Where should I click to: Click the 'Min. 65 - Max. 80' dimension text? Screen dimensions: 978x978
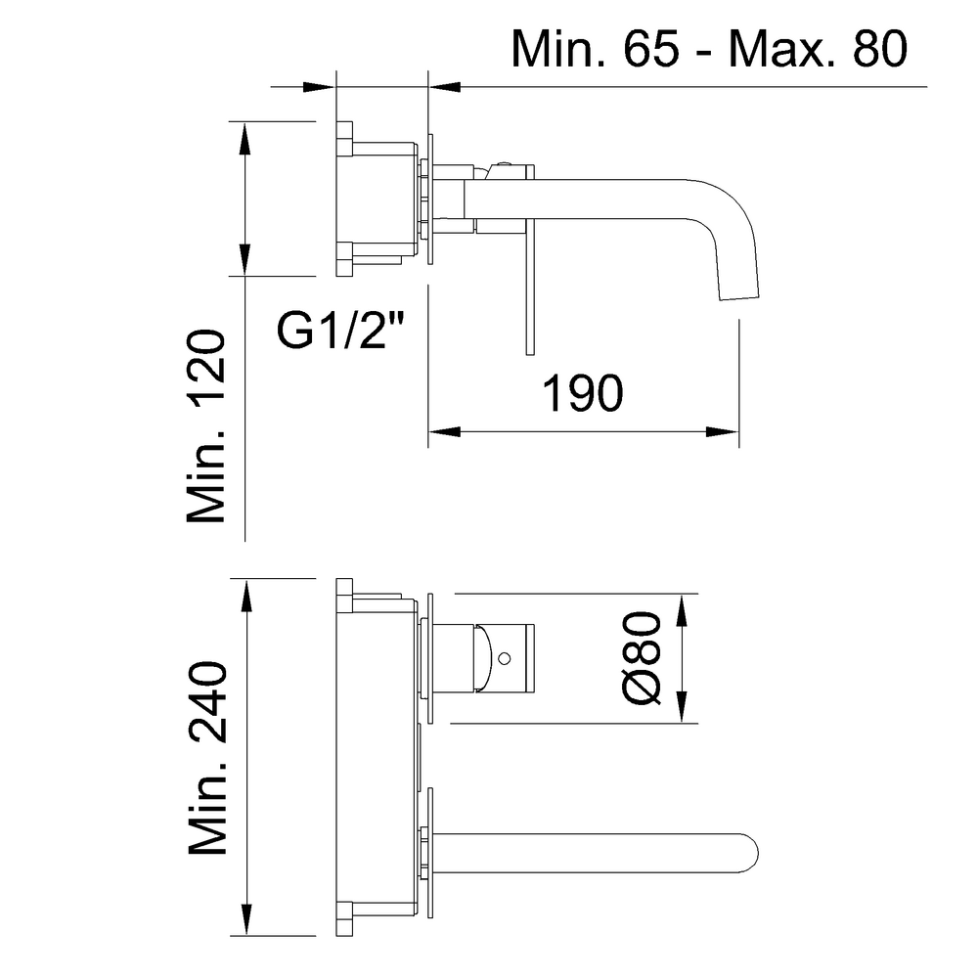[x=709, y=48]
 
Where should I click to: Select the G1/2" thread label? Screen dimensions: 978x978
[x=341, y=332]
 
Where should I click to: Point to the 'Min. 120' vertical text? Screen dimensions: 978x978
[x=207, y=426]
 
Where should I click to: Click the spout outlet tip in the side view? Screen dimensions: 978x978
[x=738, y=293]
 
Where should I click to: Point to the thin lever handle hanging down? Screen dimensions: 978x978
[x=528, y=293]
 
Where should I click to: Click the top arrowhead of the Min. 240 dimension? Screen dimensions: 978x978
[x=245, y=590]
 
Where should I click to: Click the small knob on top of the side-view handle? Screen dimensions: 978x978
[x=504, y=165]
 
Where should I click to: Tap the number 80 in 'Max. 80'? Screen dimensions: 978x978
[x=866, y=48]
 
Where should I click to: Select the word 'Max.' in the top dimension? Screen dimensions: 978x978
[x=778, y=48]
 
